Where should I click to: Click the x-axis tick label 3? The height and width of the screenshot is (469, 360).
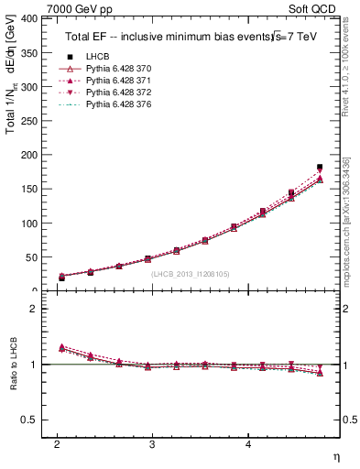pyautogui.click(x=153, y=444)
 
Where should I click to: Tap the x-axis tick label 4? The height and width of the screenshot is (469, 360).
pyautogui.click(x=248, y=444)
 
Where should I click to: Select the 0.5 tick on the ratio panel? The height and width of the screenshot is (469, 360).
pyautogui.click(x=28, y=420)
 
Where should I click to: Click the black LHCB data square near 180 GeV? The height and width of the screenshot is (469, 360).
pyautogui.click(x=320, y=168)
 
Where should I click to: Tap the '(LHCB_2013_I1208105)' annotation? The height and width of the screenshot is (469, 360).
pyautogui.click(x=191, y=273)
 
